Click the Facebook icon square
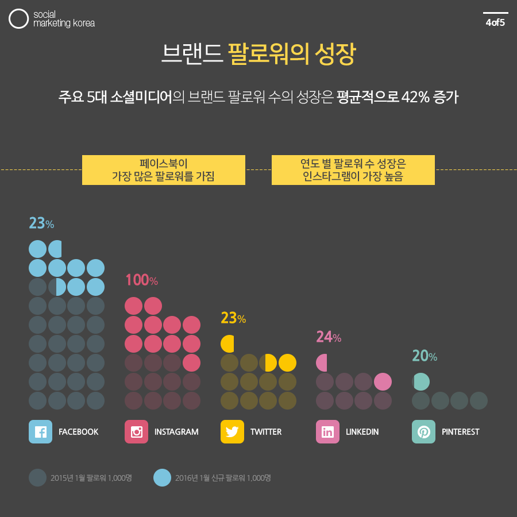pyautogui.click(x=40, y=432)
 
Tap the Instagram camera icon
pyautogui.click(x=136, y=432)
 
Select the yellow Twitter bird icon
pyautogui.click(x=232, y=432)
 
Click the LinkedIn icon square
pyautogui.click(x=327, y=432)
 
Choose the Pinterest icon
pyautogui.click(x=423, y=432)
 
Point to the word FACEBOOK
pyautogui.click(x=78, y=432)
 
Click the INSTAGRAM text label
pyautogui.click(x=176, y=432)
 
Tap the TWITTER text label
pyautogui.click(x=266, y=432)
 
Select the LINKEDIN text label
pyautogui.click(x=362, y=432)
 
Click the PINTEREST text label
pyautogui.click(x=461, y=432)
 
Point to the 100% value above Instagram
pyautogui.click(x=141, y=280)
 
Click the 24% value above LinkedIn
pyautogui.click(x=329, y=337)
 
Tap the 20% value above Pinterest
pyautogui.click(x=425, y=356)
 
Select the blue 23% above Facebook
pyautogui.click(x=41, y=223)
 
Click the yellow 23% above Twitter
pyautogui.click(x=233, y=318)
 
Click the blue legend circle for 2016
pyautogui.click(x=163, y=477)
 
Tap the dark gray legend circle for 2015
pyautogui.click(x=37, y=477)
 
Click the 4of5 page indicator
pyautogui.click(x=495, y=23)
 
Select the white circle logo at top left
pyautogui.click(x=19, y=19)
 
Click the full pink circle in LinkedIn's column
pyautogui.click(x=383, y=381)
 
